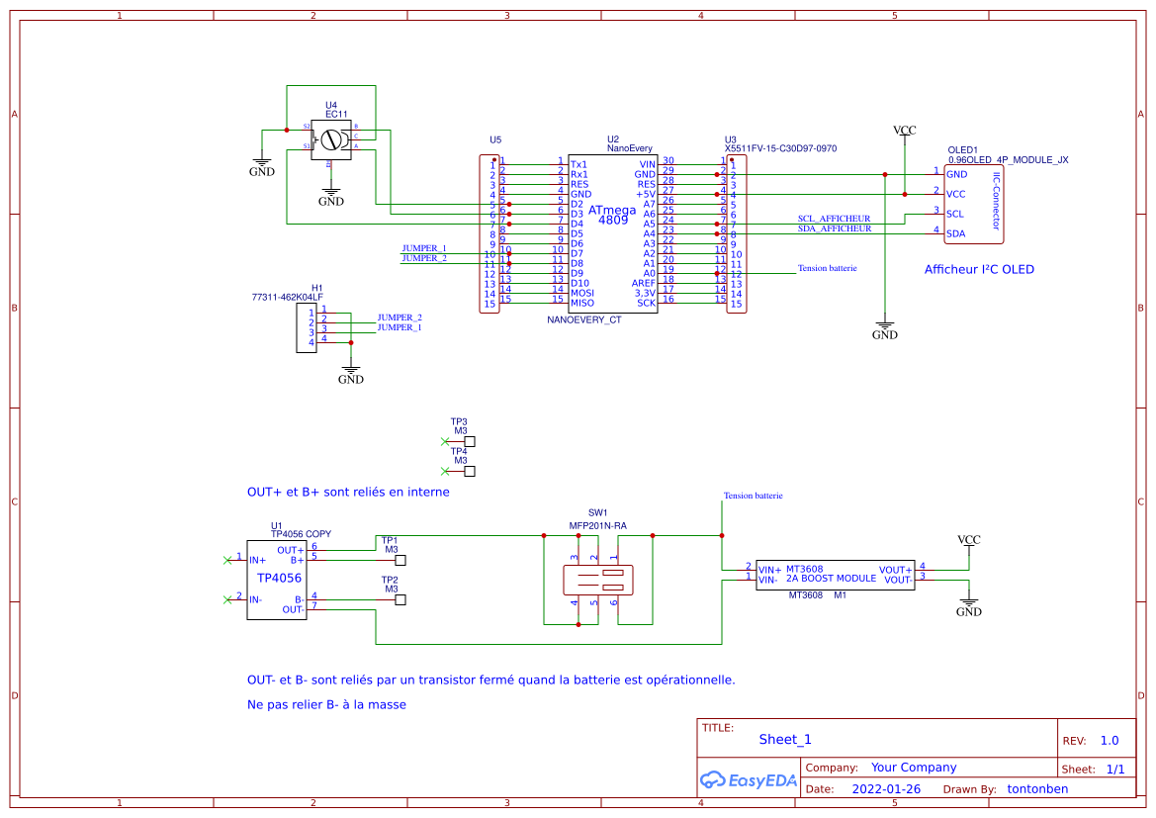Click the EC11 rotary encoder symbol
pyautogui.click(x=331, y=139)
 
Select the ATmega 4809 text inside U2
pyautogui.click(x=613, y=215)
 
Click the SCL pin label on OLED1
pyautogui.click(x=954, y=214)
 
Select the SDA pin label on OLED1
pyautogui.click(x=955, y=234)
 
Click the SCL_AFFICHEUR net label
pyautogui.click(x=834, y=219)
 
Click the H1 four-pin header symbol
pyautogui.click(x=305, y=327)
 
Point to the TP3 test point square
pyautogui.click(x=470, y=442)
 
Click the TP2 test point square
pyautogui.click(x=400, y=600)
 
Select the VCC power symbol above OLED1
pyautogui.click(x=904, y=131)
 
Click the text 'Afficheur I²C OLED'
pyautogui.click(x=979, y=269)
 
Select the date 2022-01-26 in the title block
pyautogui.click(x=886, y=789)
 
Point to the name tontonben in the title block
pyautogui.click(x=1036, y=789)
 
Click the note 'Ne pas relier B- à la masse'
pyautogui.click(x=326, y=705)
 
